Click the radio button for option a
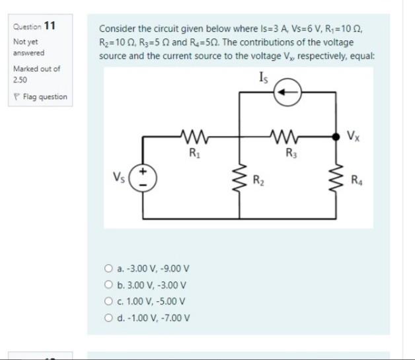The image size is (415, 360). coord(108,269)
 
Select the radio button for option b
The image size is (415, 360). coord(108,285)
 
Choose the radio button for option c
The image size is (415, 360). coord(108,301)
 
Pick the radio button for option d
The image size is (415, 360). coord(108,316)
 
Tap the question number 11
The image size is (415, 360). coord(49,26)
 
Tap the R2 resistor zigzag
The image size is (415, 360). coord(239,177)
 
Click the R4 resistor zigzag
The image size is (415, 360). coord(336,177)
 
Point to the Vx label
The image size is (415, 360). coord(354,137)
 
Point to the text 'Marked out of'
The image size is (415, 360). coord(36,69)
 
